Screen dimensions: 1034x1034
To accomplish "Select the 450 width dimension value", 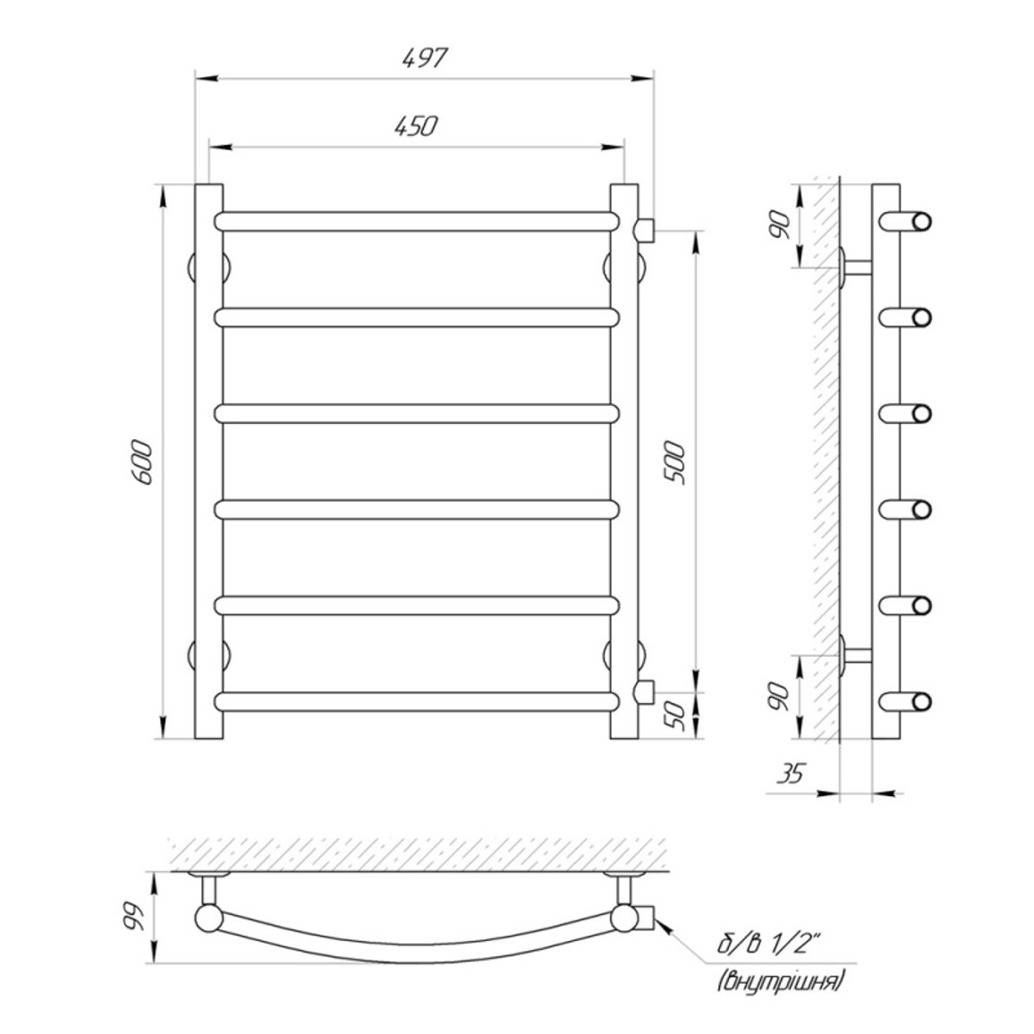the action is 416,126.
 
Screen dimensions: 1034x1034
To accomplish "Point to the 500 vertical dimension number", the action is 676,464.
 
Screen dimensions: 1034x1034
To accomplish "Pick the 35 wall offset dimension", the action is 792,773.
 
